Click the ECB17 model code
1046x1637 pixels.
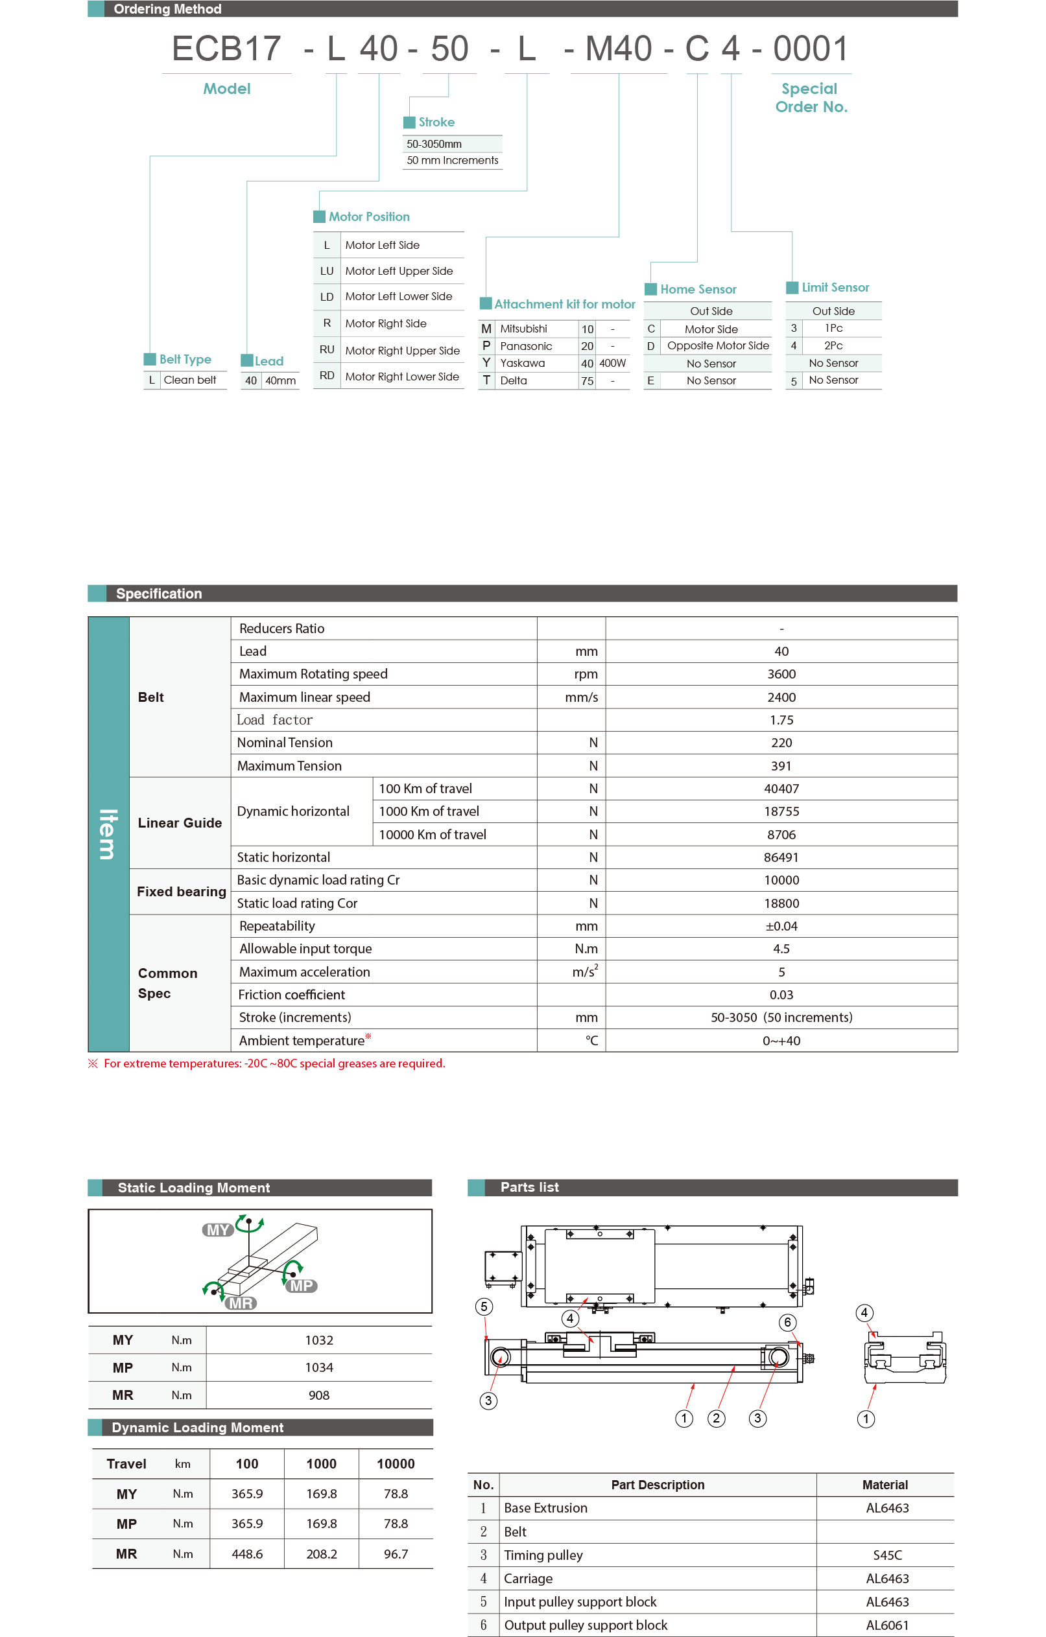(x=226, y=49)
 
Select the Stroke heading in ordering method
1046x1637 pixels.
(x=436, y=122)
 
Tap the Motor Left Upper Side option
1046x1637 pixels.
(x=399, y=271)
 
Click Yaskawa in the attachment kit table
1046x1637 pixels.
(x=522, y=363)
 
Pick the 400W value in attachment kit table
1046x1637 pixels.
(x=612, y=363)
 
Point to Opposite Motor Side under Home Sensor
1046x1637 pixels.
(x=717, y=345)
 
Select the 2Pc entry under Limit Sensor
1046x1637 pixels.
(x=833, y=345)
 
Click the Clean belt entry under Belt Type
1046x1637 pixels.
(x=190, y=380)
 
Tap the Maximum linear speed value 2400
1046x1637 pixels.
(x=781, y=697)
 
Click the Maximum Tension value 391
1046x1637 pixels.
(x=781, y=765)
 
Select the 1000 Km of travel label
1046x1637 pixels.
(x=429, y=811)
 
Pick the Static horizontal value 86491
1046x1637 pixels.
(x=781, y=857)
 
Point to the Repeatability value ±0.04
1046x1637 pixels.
(x=781, y=926)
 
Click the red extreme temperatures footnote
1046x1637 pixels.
(x=274, y=1063)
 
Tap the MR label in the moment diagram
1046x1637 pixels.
(x=241, y=1303)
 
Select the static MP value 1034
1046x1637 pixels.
(x=319, y=1367)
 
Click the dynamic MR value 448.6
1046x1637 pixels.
(x=247, y=1553)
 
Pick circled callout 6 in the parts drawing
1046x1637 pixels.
(x=787, y=1321)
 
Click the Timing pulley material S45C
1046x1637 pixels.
(x=887, y=1555)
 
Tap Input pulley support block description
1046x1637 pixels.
(x=580, y=1601)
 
